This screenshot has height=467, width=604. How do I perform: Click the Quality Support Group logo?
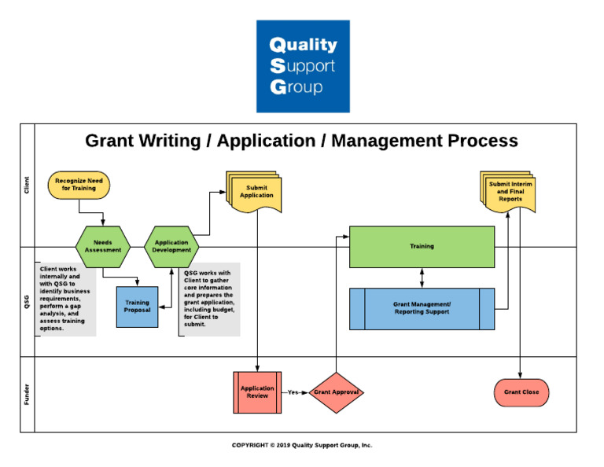click(x=302, y=66)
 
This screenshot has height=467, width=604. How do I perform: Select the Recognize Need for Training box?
click(x=79, y=185)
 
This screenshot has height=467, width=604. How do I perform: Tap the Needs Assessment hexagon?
click(x=103, y=246)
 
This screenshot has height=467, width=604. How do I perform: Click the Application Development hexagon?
click(x=171, y=246)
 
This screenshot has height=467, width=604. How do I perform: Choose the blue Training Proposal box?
click(x=137, y=307)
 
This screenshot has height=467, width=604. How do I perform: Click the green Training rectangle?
click(x=422, y=246)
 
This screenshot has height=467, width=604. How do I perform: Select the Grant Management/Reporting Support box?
click(x=422, y=308)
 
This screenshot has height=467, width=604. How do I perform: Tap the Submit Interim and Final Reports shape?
click(x=510, y=192)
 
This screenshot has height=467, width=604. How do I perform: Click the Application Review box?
click(x=257, y=392)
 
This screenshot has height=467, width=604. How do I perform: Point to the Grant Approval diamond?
click(x=336, y=392)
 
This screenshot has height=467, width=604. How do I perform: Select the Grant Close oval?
click(x=521, y=392)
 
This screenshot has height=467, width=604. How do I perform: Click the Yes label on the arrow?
click(x=293, y=392)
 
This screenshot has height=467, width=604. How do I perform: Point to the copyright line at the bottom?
click(x=302, y=445)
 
